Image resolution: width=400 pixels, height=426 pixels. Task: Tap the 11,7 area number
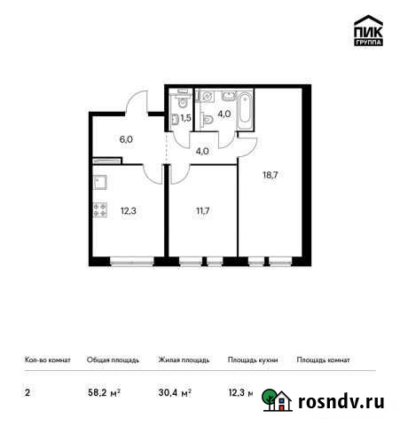(x=201, y=209)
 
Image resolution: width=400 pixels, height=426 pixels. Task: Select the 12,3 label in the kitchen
(x=129, y=209)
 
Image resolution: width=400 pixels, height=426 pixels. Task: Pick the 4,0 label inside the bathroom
(x=224, y=113)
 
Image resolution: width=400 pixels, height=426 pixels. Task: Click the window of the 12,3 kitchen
(x=129, y=261)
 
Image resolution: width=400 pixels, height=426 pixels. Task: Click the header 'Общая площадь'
(x=113, y=360)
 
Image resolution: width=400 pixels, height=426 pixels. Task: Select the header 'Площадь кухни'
(x=253, y=360)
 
